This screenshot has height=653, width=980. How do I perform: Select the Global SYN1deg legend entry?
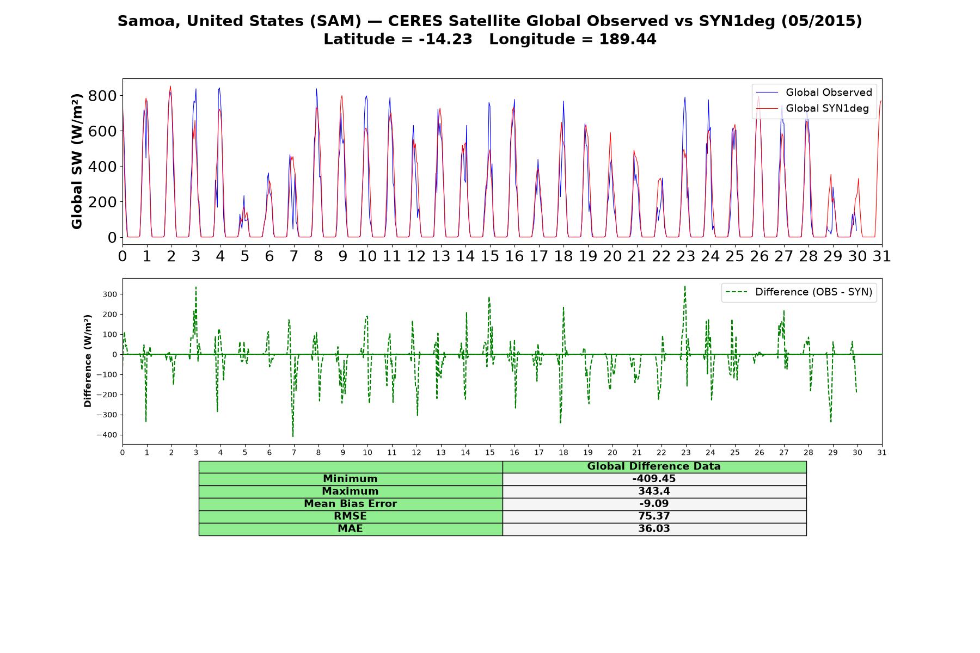[812, 108]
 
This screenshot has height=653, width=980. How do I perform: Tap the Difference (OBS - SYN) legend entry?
[799, 292]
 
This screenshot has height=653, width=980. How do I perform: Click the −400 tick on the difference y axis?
[107, 435]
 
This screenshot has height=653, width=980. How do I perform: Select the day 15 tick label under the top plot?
[490, 256]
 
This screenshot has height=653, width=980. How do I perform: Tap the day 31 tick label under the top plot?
[882, 256]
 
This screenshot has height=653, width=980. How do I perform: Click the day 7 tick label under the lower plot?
[294, 452]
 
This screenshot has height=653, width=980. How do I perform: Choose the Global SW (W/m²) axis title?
[77, 161]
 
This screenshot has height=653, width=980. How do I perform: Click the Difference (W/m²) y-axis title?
[88, 361]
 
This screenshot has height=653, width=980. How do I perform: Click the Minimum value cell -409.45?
[654, 479]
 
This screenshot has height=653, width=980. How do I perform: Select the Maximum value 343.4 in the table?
[654, 491]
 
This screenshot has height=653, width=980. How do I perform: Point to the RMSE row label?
[351, 516]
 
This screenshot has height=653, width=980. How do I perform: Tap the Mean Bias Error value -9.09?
[654, 504]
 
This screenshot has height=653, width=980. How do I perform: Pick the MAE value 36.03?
[654, 529]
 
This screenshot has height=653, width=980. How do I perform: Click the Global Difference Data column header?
[654, 466]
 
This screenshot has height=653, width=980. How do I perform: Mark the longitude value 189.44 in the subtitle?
[628, 39]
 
